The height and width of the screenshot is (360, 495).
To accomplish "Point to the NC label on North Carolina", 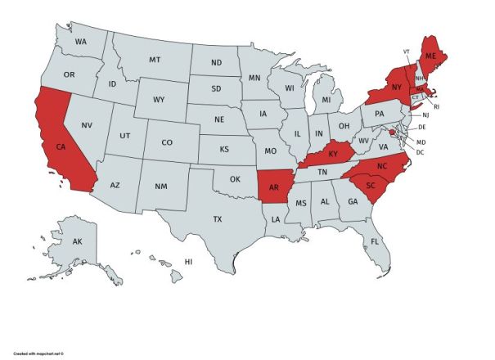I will [x=380, y=166].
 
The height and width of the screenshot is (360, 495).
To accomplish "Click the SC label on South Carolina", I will [x=370, y=185].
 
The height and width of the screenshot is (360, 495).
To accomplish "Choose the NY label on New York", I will [x=396, y=86].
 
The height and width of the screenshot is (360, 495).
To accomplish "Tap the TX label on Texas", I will [x=218, y=219].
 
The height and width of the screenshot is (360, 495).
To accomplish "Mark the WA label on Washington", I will [x=81, y=41].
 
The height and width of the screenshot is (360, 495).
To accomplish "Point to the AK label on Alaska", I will [x=78, y=242].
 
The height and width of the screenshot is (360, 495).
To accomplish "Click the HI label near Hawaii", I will [x=188, y=262].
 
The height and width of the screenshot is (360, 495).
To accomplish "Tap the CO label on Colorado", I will [x=167, y=142].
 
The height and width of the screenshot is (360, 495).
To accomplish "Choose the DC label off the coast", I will [x=420, y=152].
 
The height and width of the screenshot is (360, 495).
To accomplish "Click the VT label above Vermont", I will [x=407, y=51].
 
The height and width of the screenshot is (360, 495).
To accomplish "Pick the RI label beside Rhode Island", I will [x=437, y=106].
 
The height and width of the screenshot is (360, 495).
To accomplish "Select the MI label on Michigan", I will [x=326, y=99].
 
